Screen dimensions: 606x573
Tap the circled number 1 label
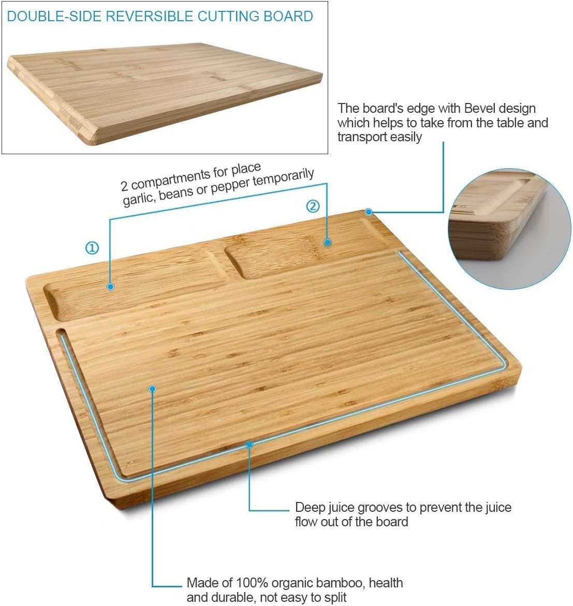tap(92, 248)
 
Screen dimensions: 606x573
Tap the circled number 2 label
tap(313, 206)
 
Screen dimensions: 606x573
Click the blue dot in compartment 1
tap(110, 286)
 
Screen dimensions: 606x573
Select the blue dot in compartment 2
tap(327, 242)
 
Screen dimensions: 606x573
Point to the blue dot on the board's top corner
tap(369, 212)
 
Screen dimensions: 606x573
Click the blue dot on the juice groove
tap(249, 444)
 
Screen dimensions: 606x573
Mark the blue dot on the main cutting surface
tap(152, 388)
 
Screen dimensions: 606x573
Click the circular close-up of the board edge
tap(509, 228)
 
